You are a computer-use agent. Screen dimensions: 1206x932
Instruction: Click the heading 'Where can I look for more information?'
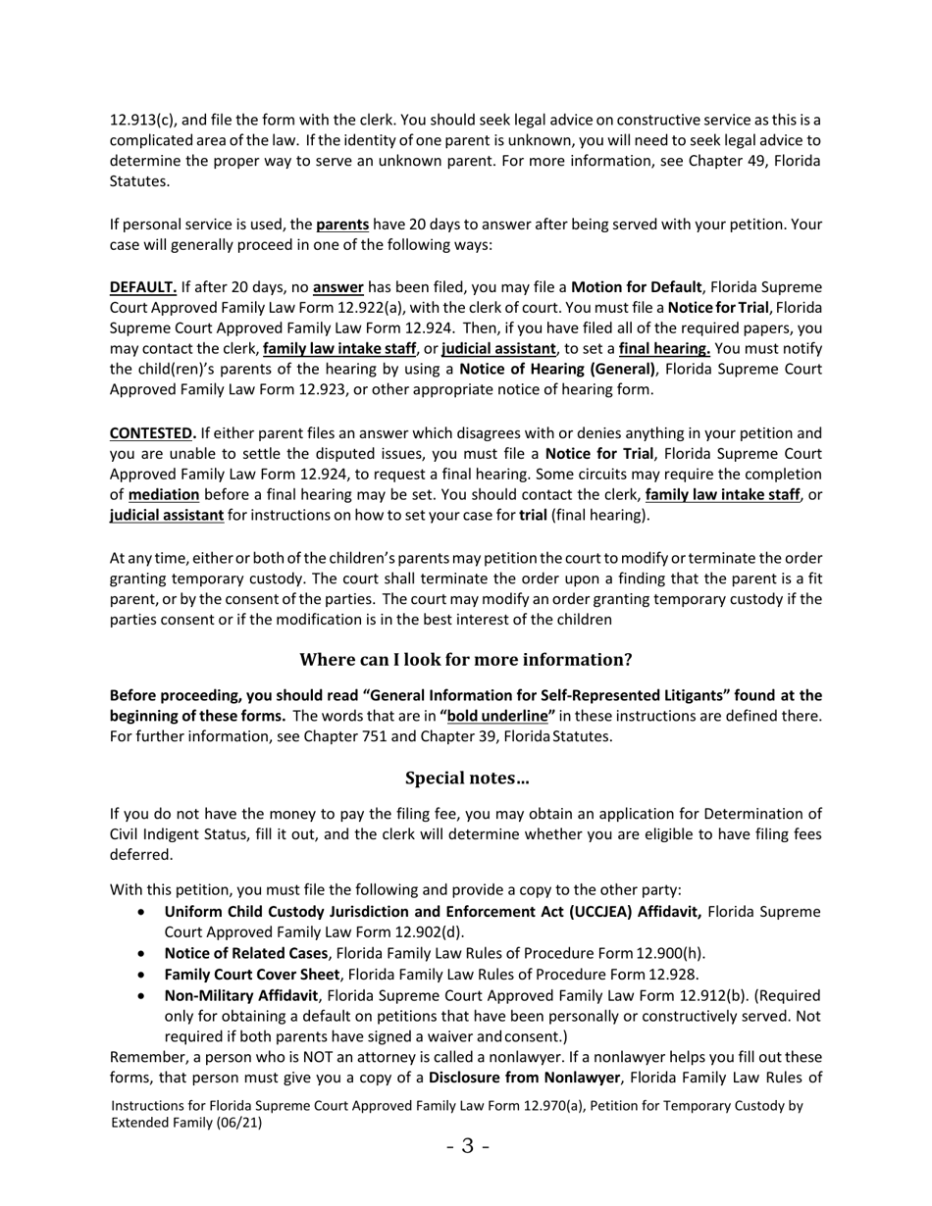tap(466, 660)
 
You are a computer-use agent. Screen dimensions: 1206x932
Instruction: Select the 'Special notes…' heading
tap(466, 779)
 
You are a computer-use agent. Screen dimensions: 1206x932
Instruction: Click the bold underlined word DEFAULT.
tap(143, 287)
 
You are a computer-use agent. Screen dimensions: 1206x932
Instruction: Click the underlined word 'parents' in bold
tap(342, 225)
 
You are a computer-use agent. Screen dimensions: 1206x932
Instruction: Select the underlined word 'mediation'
tap(164, 495)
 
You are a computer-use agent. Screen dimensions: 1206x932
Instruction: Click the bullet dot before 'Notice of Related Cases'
tap(144, 954)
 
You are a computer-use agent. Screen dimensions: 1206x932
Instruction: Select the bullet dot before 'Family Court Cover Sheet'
tap(144, 975)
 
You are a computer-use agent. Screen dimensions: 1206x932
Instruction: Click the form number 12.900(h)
tap(670, 954)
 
